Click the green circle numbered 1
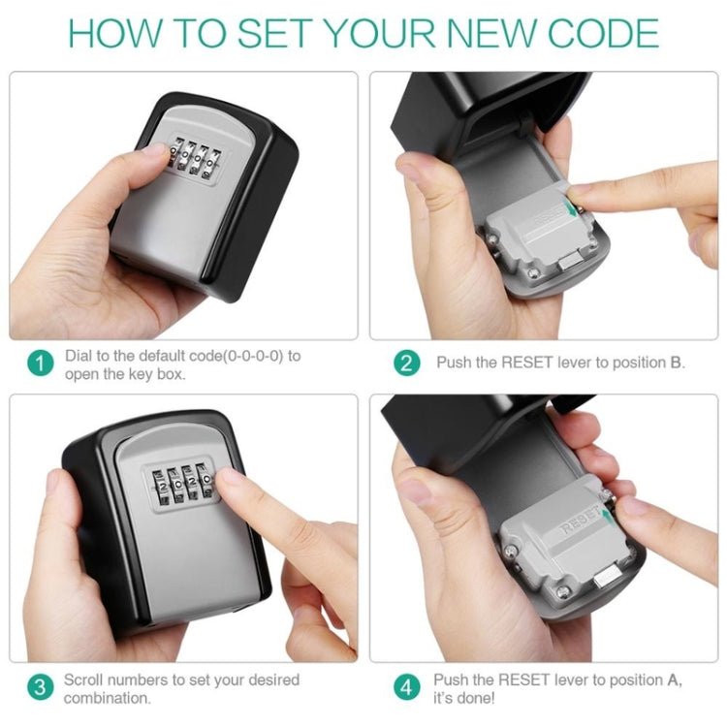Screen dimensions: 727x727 tap(39, 364)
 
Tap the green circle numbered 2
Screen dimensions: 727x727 tap(406, 364)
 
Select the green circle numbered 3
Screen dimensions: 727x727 tap(39, 688)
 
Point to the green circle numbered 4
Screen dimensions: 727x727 tap(406, 688)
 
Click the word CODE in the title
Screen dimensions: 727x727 tap(602, 33)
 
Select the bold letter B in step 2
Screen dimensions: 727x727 tap(676, 363)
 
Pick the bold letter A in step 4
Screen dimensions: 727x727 tap(674, 680)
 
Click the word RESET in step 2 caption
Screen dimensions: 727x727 tap(526, 363)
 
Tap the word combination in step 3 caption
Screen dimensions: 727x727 tap(107, 698)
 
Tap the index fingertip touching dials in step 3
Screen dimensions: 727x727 tap(229, 480)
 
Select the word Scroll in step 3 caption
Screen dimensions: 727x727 tap(84, 680)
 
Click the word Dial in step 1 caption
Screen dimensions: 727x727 tap(79, 356)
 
